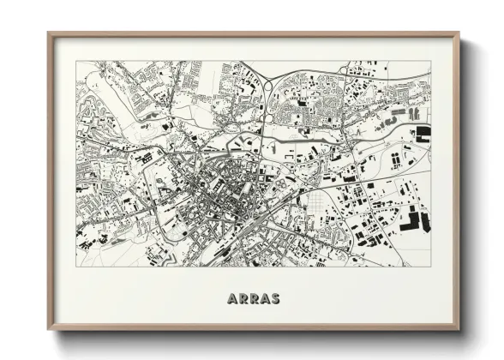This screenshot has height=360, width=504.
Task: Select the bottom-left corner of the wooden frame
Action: (49, 329)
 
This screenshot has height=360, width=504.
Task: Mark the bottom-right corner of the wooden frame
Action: (459, 329)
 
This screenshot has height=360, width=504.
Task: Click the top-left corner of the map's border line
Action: (76, 61)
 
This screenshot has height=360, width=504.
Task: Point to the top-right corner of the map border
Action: (431, 61)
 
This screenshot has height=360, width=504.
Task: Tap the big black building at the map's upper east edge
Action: (423, 133)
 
